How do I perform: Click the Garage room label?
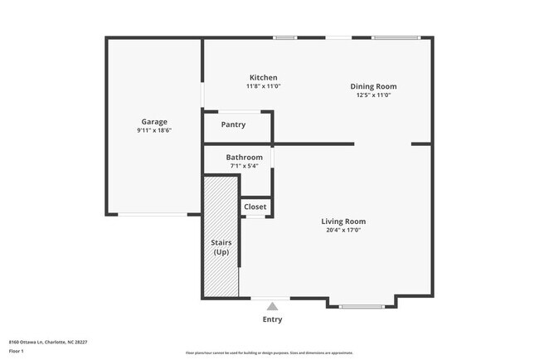[x=153, y=122]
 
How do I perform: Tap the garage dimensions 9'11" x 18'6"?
[x=153, y=130]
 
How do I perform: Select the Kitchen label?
[x=263, y=77]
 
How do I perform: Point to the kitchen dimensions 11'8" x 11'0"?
[x=263, y=86]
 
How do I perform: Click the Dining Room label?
[x=373, y=86]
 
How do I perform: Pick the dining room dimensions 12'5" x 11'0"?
[x=373, y=95]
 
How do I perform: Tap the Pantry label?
[x=233, y=125]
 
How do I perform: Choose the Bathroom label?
[x=245, y=157]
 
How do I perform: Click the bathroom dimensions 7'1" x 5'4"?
[x=245, y=166]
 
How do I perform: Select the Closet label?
[x=255, y=207]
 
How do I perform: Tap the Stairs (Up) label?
[x=221, y=247]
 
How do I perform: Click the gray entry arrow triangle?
[x=272, y=306]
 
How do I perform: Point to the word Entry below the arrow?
[x=272, y=319]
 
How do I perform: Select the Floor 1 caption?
[x=17, y=352]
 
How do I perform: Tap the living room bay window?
[x=362, y=307]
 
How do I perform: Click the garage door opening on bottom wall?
[x=152, y=215]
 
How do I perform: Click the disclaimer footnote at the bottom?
[x=269, y=353]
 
